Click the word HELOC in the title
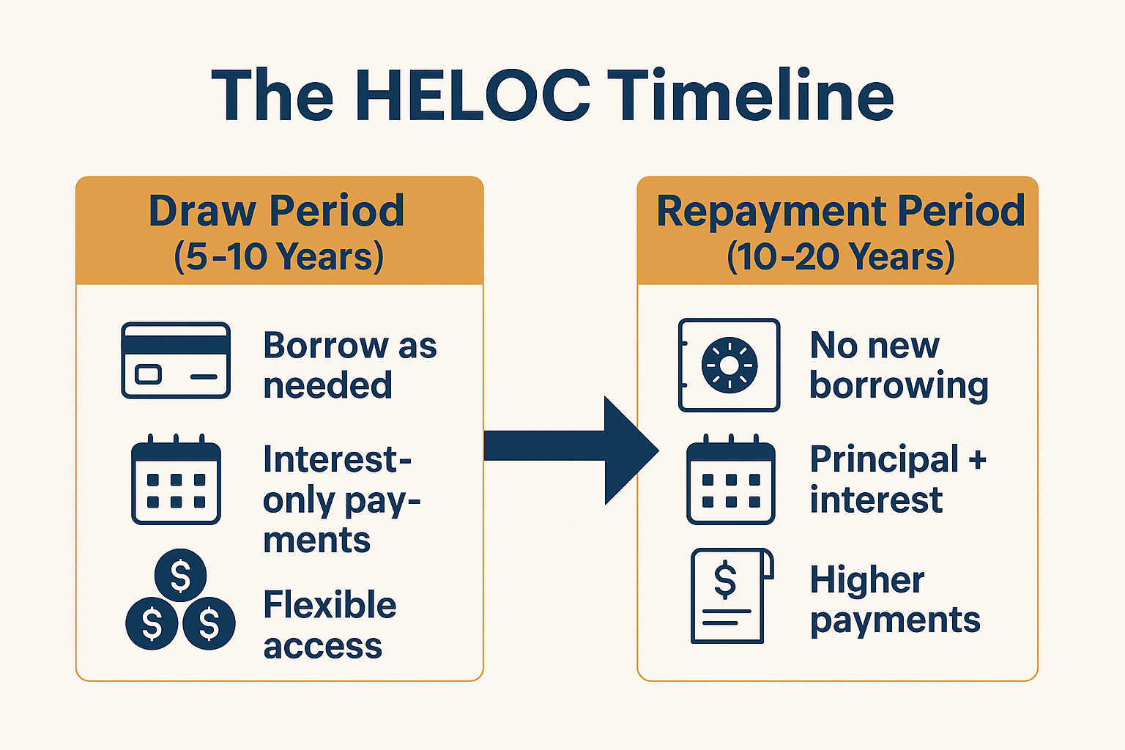pyautogui.click(x=472, y=95)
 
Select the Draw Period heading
pyautogui.click(x=276, y=211)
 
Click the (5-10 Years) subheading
pyautogui.click(x=278, y=256)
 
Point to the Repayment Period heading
pyautogui.click(x=840, y=211)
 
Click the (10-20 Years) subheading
pyautogui.click(x=840, y=256)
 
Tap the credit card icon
pyautogui.click(x=176, y=360)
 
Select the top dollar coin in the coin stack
pyautogui.click(x=180, y=575)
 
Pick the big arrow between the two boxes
pyautogui.click(x=571, y=450)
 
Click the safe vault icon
pyautogui.click(x=729, y=365)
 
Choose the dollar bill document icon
pyautogui.click(x=730, y=595)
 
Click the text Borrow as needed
pyautogui.click(x=349, y=365)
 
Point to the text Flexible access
pyautogui.click(x=329, y=625)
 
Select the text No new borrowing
pyautogui.click(x=898, y=365)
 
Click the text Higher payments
pyautogui.click(x=894, y=599)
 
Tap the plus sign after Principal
pyautogui.click(x=977, y=460)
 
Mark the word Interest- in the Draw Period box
pyautogui.click(x=336, y=460)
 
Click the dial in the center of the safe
pyautogui.click(x=729, y=365)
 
